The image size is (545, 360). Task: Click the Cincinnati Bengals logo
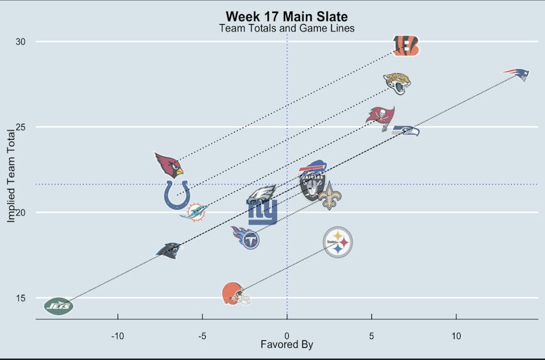(406, 45)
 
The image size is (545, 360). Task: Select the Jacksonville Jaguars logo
(397, 83)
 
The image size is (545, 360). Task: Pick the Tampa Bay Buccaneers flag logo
(381, 118)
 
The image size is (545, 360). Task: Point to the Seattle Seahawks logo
(406, 130)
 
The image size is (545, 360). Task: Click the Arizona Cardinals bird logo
(168, 165)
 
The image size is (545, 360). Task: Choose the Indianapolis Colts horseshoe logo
(177, 194)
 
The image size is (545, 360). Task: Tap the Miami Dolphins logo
(193, 212)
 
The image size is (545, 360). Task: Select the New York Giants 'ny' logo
(263, 212)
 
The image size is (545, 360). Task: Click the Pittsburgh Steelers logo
(337, 242)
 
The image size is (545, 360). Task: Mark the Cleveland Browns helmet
(236, 294)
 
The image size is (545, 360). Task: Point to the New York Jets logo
(59, 305)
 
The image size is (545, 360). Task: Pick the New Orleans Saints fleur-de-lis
(329, 196)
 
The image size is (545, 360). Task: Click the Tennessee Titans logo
(246, 237)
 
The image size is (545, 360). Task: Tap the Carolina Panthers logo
(168, 250)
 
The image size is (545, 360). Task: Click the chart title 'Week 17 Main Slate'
(286, 17)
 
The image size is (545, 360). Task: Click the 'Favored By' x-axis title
(286, 345)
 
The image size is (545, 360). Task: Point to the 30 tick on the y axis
(22, 41)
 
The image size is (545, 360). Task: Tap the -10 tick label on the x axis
(118, 335)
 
